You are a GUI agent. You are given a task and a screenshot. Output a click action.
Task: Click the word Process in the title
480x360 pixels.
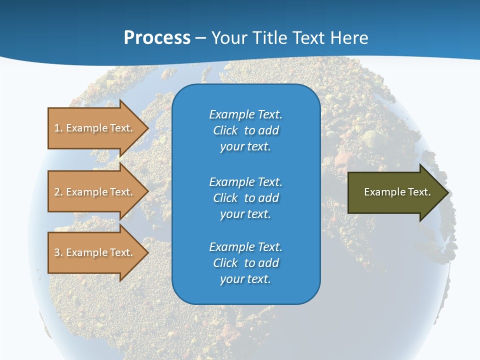coord(157,37)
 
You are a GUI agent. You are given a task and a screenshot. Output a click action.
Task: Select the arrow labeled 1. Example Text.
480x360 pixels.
coord(93,128)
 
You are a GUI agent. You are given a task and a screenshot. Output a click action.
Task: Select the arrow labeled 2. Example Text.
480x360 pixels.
coord(93,192)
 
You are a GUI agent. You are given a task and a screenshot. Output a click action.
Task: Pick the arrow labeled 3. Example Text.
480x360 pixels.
coord(93,252)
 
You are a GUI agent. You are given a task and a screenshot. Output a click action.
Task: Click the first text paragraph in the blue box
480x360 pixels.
coord(245,130)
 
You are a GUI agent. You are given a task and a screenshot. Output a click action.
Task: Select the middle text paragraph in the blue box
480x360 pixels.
coord(245,197)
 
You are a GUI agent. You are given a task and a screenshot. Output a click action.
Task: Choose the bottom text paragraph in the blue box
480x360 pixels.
coord(245,263)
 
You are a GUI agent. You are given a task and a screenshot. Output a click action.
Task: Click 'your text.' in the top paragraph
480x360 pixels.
coord(245,146)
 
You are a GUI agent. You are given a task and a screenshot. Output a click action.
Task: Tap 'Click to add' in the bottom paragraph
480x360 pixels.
coord(245,263)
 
